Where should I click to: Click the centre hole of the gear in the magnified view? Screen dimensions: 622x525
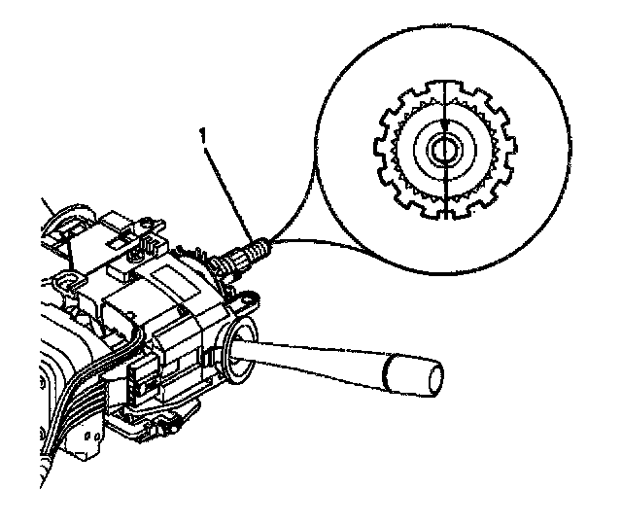click(x=443, y=150)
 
